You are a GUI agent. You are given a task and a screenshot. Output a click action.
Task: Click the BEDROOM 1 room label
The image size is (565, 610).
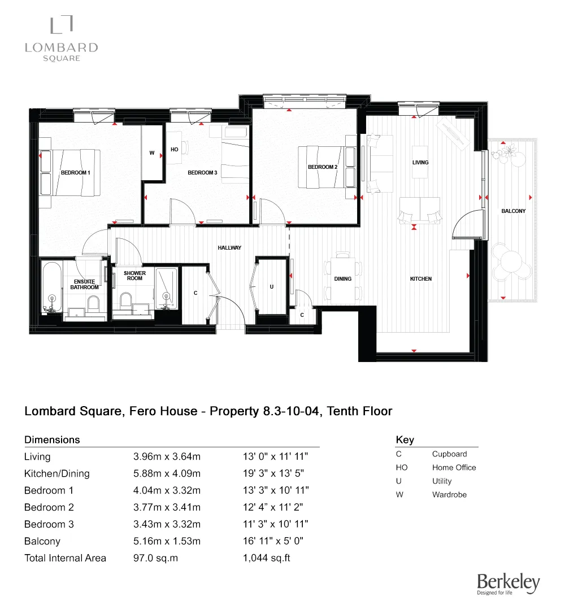point(76,173)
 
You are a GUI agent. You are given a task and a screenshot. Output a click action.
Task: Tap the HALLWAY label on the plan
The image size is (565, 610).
point(229,248)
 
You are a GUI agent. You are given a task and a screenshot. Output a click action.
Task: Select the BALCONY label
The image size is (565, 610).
point(513,211)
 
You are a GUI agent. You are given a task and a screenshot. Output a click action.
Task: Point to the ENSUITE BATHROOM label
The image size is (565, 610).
point(84,284)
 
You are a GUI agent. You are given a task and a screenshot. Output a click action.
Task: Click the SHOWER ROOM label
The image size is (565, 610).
point(134,276)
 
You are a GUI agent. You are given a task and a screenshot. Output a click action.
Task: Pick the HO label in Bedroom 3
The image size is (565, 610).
point(175,149)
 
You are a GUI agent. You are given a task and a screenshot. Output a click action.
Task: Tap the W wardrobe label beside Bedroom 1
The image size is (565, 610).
point(152,153)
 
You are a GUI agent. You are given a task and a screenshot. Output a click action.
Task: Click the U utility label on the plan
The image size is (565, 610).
point(272,287)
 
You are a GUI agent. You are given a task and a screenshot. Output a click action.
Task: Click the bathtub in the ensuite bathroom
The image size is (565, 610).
point(52,287)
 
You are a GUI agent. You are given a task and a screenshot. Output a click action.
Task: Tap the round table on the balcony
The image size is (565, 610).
point(511,262)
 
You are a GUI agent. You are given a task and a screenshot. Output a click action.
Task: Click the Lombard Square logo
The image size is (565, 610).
point(62,38)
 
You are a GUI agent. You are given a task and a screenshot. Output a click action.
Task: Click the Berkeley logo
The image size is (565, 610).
point(508,583)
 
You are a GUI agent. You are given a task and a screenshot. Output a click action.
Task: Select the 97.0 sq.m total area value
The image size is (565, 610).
point(155,558)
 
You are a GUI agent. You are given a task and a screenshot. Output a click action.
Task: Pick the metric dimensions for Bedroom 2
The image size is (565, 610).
point(167,507)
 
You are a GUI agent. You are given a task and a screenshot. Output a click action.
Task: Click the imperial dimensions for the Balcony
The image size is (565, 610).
point(273,541)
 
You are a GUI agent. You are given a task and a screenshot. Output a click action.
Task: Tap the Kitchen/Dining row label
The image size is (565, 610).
point(57,474)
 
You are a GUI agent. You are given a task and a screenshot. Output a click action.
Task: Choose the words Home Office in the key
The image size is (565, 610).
point(454,468)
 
